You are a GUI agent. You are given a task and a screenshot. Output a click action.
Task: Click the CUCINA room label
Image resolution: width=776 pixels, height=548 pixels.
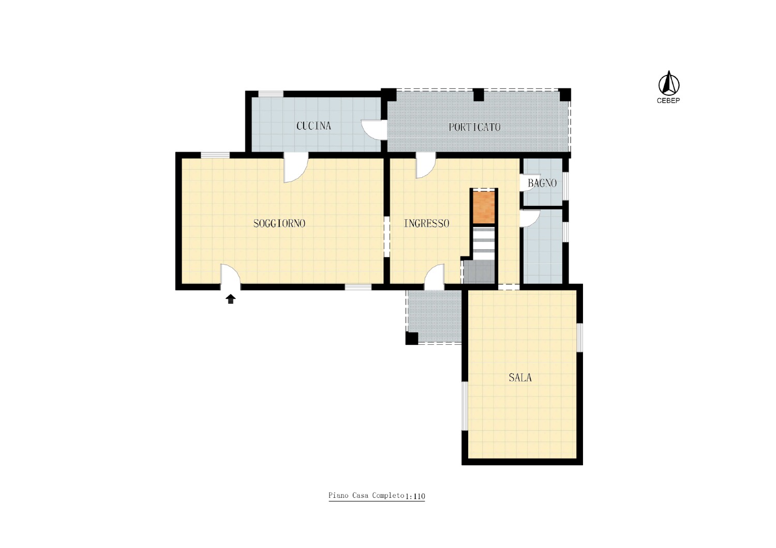point(314,126)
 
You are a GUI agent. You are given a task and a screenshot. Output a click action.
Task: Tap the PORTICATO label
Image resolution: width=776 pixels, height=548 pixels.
point(474,127)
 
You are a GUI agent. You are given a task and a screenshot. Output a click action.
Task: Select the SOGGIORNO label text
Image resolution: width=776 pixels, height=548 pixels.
point(279,223)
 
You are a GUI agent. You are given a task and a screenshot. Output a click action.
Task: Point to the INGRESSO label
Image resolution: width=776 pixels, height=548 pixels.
point(426,223)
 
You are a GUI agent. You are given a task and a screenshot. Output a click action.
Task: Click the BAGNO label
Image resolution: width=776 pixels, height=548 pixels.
point(542,183)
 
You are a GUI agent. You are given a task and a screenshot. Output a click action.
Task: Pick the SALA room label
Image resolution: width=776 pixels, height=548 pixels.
point(520,377)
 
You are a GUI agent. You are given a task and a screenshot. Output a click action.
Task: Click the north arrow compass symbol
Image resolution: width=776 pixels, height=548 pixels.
point(668,83)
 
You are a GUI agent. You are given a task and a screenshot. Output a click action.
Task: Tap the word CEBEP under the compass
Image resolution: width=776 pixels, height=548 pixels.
point(668,100)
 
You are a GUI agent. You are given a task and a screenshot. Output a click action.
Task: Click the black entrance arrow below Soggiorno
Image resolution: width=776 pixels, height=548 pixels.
point(230,299)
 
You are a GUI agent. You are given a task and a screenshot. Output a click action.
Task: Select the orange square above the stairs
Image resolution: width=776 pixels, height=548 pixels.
point(484,207)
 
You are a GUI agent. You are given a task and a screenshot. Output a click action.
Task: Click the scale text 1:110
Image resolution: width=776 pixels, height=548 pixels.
point(415,496)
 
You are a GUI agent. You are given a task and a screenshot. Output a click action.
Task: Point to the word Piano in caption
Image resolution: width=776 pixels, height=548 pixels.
point(338,495)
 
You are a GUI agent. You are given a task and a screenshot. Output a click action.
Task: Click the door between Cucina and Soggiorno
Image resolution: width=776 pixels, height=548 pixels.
point(296,168)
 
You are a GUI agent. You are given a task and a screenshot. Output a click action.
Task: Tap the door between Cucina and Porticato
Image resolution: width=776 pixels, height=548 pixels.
point(374,129)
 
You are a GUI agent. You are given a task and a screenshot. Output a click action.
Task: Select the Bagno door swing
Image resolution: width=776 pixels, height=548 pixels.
point(530,182)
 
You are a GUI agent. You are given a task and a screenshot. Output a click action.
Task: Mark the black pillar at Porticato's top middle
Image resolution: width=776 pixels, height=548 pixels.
point(479,95)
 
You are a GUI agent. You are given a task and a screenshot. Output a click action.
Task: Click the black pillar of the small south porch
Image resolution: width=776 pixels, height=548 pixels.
point(412,338)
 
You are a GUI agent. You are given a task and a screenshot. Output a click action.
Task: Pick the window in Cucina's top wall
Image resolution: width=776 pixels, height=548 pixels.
point(271,94)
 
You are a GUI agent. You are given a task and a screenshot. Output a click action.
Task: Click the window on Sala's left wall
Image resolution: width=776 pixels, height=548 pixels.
point(465,406)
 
